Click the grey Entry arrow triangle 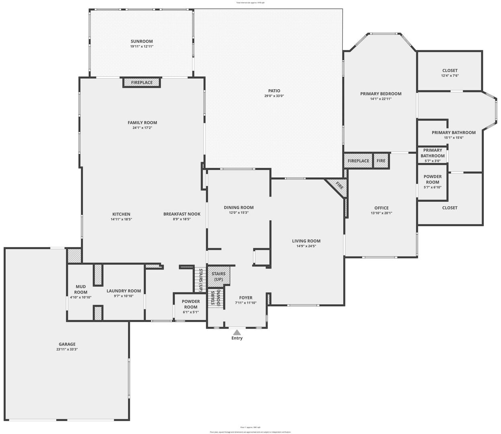pos(237,332)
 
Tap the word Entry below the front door pos(237,338)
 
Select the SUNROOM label pos(141,41)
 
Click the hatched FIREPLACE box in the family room pos(141,82)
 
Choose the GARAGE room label pos(67,344)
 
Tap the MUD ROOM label pos(81,289)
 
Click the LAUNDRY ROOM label pos(124,291)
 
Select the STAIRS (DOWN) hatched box pos(215,298)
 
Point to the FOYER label pos(246,298)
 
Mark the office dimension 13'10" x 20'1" pos(381,213)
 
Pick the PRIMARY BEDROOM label pos(380,94)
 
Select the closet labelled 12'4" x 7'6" pos(450,73)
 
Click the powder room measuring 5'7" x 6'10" pos(432,182)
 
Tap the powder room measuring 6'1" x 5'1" pos(191,304)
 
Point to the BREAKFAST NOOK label pos(182,214)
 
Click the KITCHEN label pos(121,214)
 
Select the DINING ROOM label pos(239,208)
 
